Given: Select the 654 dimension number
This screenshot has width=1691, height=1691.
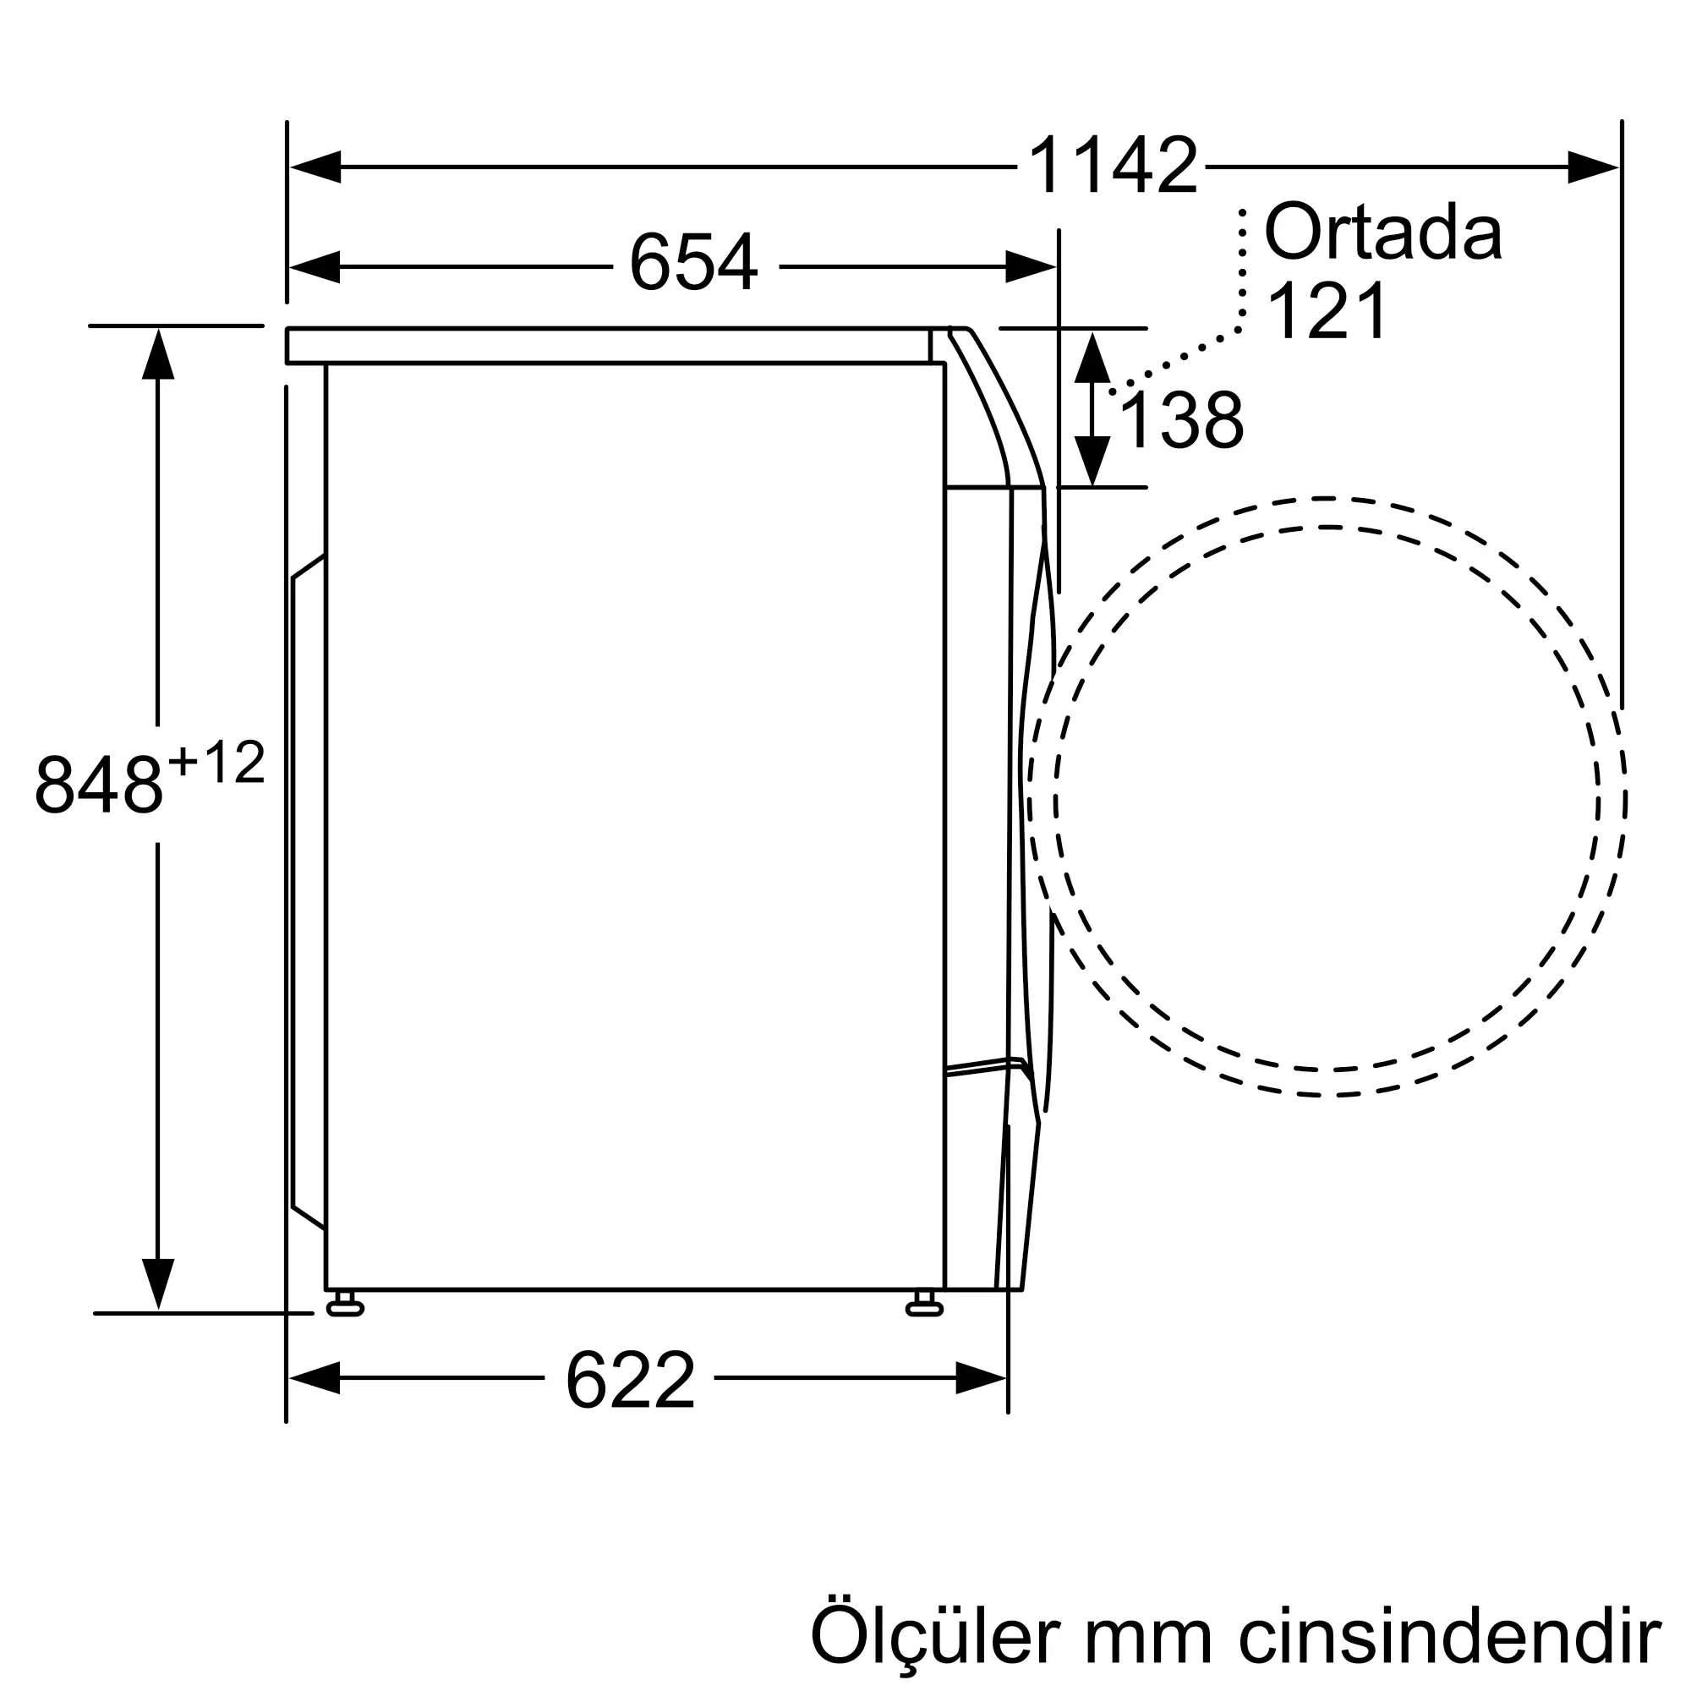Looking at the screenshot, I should pyautogui.click(x=693, y=263).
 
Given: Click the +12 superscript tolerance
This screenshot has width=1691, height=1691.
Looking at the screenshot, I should pyautogui.click(x=216, y=763).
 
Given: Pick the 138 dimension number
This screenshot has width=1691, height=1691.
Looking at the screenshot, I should pyautogui.click(x=1180, y=421).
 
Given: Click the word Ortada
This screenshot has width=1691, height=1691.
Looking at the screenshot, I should pyautogui.click(x=1383, y=232).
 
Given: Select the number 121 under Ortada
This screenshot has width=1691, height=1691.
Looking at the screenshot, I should pyautogui.click(x=1327, y=310).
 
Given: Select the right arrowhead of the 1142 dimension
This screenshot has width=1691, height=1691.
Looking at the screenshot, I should pyautogui.click(x=1592, y=167).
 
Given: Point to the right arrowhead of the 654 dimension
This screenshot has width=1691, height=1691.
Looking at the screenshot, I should pyautogui.click(x=1030, y=266).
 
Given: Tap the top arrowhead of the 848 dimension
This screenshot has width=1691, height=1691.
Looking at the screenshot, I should pyautogui.click(x=157, y=353).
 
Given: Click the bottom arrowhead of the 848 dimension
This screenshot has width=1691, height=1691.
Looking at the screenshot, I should pyautogui.click(x=157, y=1283).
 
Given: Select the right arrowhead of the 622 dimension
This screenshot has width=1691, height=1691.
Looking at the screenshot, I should pyautogui.click(x=980, y=1377).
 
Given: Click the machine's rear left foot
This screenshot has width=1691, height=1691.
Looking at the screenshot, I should pyautogui.click(x=345, y=1308).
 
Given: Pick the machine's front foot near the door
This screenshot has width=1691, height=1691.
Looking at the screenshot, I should pyautogui.click(x=924, y=1308).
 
